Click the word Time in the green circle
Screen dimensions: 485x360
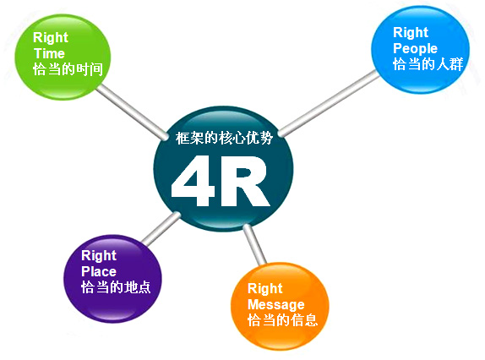[x=50, y=53]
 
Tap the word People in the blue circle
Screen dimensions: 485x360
[x=415, y=48]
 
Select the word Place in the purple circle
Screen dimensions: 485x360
[x=99, y=271]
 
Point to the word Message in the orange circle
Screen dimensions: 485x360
[x=276, y=304]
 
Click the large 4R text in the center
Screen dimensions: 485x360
[x=221, y=181]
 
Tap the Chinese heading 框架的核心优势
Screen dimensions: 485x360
[x=224, y=138]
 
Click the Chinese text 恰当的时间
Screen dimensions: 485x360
[x=68, y=69]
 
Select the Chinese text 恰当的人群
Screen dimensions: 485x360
[x=428, y=64]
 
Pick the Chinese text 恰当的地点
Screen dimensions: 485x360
[x=116, y=287]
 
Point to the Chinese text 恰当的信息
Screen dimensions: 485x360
[x=282, y=319]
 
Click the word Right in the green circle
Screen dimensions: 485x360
[x=51, y=38]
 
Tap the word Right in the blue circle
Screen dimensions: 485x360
[x=411, y=32]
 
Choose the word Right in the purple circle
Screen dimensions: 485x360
[x=99, y=255]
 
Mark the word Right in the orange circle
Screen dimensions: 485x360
[x=265, y=288]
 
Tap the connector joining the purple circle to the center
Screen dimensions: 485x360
[x=161, y=227]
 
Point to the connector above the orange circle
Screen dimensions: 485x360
[x=254, y=244]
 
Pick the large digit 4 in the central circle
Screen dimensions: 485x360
[x=193, y=181]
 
